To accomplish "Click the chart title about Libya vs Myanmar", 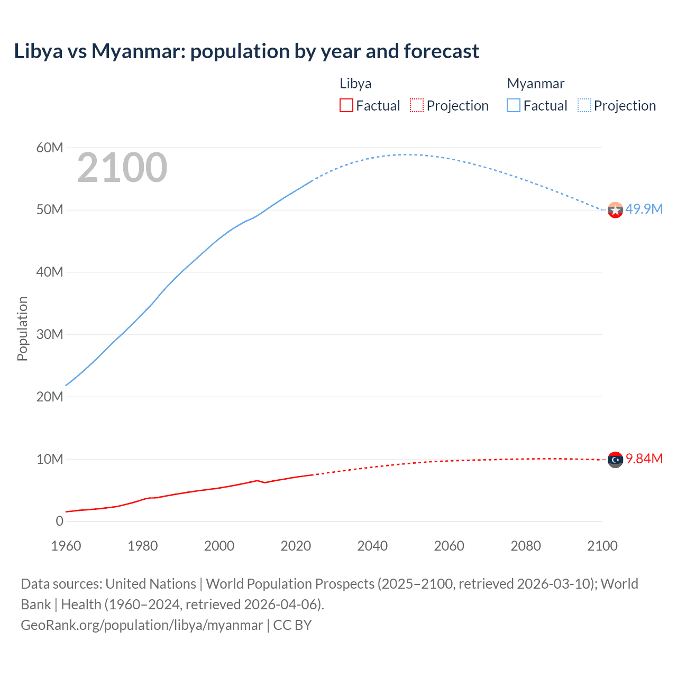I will [246, 51].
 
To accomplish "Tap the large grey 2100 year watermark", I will [122, 168].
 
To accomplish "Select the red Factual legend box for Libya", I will [346, 106].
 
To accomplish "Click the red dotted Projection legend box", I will [417, 106].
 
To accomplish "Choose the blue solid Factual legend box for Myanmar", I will [513, 106].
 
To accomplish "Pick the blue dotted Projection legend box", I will [584, 106].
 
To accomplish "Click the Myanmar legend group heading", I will [535, 84].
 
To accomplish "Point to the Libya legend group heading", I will [355, 84].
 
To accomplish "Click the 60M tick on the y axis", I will [50, 148].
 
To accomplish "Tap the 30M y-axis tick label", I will [50, 334].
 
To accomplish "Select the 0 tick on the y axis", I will [59, 522].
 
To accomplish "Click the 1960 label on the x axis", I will [66, 546].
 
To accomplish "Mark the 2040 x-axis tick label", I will [372, 546].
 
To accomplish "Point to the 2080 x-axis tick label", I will [526, 546].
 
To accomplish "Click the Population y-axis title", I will [22, 328].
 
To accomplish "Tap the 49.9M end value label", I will [644, 209].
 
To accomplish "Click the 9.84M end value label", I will [644, 459].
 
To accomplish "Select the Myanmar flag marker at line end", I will [615, 211].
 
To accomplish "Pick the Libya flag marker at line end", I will [615, 460].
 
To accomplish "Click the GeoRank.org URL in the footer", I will [142, 625].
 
